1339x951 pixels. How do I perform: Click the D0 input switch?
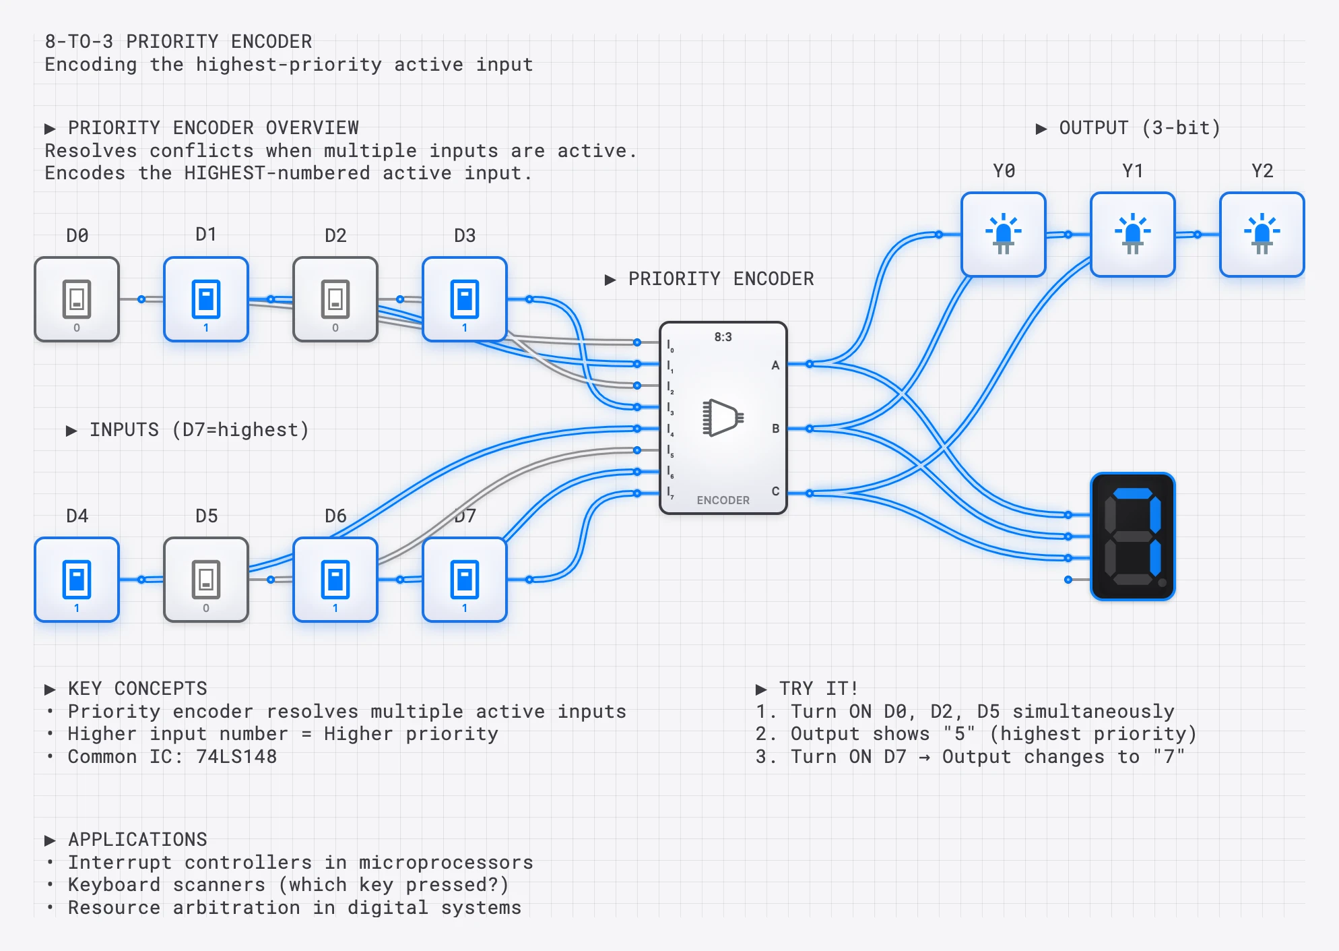pyautogui.click(x=77, y=299)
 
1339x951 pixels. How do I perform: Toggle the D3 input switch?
pyautogui.click(x=465, y=299)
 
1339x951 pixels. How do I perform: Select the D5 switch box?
pyautogui.click(x=206, y=579)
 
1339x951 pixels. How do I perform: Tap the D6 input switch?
pyautogui.click(x=335, y=579)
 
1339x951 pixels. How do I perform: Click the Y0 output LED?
pyautogui.click(x=1004, y=234)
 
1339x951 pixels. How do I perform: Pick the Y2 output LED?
pyautogui.click(x=1262, y=234)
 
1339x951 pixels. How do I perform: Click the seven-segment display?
pyautogui.click(x=1133, y=536)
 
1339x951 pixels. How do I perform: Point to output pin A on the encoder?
pyautogui.click(x=775, y=365)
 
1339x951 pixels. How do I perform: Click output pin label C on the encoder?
pyautogui.click(x=775, y=491)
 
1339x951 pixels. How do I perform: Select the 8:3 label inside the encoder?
pyautogui.click(x=723, y=337)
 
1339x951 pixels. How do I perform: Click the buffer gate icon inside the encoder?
pyautogui.click(x=723, y=418)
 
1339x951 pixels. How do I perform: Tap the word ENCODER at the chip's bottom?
pyautogui.click(x=723, y=500)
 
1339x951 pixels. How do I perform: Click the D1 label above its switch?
pyautogui.click(x=206, y=235)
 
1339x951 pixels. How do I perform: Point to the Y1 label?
pyautogui.click(x=1133, y=171)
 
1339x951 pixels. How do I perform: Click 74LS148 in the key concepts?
pyautogui.click(x=236, y=756)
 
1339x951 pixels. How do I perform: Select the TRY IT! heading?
pyautogui.click(x=818, y=688)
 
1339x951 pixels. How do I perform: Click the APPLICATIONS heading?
pyautogui.click(x=137, y=839)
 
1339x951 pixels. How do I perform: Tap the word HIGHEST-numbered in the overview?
pyautogui.click(x=277, y=173)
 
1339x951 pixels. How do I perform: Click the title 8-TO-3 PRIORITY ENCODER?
pyautogui.click(x=178, y=42)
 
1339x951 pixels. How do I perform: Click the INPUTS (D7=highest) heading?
pyautogui.click(x=199, y=430)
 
